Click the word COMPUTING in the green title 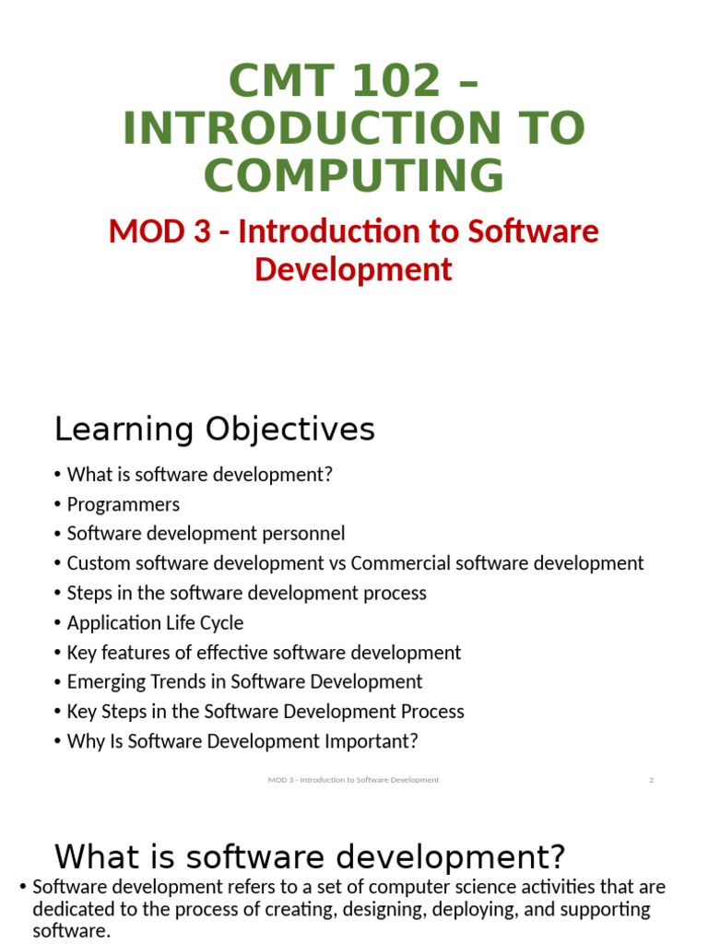click(354, 175)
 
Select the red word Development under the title click(353, 269)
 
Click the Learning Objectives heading click(215, 430)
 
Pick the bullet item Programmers click(123, 504)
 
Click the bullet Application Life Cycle click(155, 622)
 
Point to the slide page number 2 click(651, 780)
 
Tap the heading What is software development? click(309, 856)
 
